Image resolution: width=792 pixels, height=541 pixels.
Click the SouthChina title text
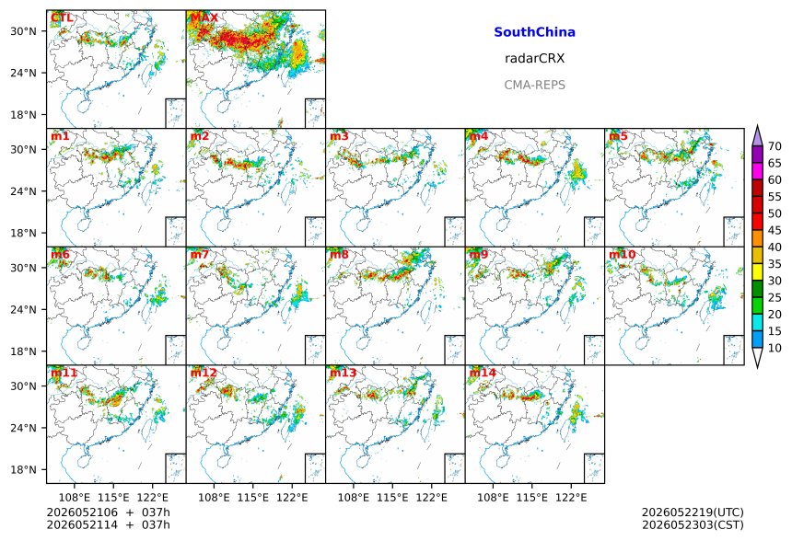click(x=534, y=32)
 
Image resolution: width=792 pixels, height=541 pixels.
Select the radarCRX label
click(x=534, y=59)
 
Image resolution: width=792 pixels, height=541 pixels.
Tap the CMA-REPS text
click(x=534, y=85)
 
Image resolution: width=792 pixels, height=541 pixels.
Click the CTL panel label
click(x=62, y=17)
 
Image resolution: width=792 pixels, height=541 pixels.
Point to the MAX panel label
click(x=204, y=17)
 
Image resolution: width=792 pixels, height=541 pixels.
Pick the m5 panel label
click(x=618, y=136)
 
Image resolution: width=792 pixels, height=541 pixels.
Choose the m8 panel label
click(x=339, y=254)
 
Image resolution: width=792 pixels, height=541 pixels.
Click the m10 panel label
click(x=622, y=254)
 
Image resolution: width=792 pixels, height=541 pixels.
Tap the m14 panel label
click(x=483, y=373)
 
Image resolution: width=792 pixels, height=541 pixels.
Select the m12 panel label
click(x=204, y=373)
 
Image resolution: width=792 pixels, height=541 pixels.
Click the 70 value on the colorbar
click(x=775, y=146)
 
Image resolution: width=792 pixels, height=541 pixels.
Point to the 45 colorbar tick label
click(x=775, y=231)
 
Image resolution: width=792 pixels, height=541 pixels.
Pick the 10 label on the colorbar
click(x=775, y=348)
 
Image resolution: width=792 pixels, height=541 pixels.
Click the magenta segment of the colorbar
click(x=757, y=171)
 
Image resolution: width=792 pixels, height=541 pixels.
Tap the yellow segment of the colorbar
click(x=757, y=272)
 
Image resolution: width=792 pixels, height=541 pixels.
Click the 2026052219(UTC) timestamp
click(x=693, y=512)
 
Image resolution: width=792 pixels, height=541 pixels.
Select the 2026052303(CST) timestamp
click(x=693, y=525)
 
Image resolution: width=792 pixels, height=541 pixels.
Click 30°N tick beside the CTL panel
click(x=24, y=31)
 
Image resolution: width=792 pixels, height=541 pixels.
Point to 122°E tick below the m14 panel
click(x=571, y=498)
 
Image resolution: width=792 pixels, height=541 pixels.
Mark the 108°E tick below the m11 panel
click(x=75, y=498)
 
